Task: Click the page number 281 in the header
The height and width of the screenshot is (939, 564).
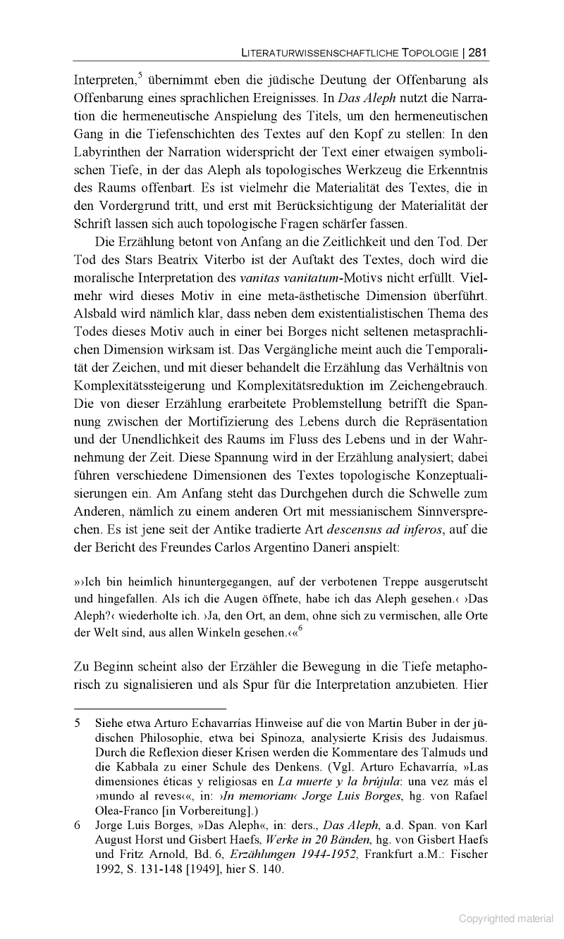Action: click(478, 52)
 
